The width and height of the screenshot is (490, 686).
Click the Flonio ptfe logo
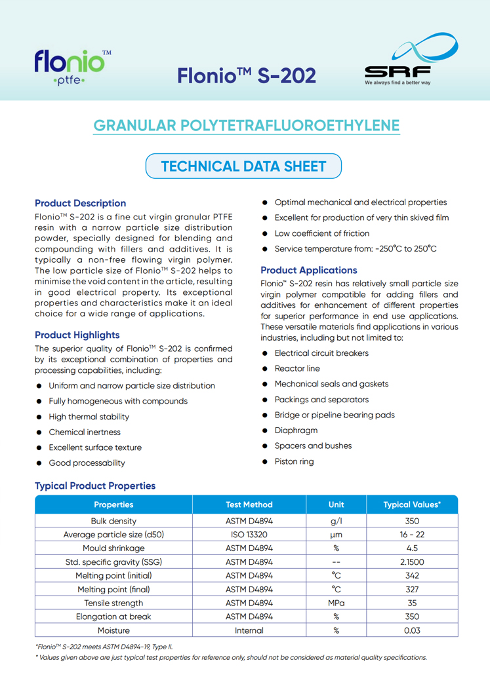click(x=72, y=67)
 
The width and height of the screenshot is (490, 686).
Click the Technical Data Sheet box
click(x=243, y=166)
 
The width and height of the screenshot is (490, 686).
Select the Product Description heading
click(x=80, y=203)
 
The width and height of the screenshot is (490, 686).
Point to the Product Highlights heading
click(x=77, y=335)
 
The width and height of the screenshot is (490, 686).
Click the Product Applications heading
click(x=309, y=270)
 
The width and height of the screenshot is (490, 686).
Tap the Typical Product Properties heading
click(x=95, y=486)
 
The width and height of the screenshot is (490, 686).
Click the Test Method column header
click(x=249, y=505)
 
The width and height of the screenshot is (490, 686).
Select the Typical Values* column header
click(x=412, y=505)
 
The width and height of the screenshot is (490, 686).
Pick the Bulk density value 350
click(x=412, y=521)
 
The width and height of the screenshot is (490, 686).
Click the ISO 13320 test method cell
click(x=249, y=535)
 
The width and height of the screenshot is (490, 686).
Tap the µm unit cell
click(x=336, y=535)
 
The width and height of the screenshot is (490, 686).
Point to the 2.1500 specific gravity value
click(x=412, y=562)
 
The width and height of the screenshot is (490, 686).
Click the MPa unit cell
click(x=336, y=603)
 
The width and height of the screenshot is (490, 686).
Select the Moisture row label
click(x=113, y=630)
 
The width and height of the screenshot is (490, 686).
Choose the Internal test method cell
click(x=249, y=630)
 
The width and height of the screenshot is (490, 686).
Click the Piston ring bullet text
click(x=294, y=461)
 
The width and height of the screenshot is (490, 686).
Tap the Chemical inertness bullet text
click(x=85, y=432)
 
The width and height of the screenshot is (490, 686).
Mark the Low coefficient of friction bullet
click(x=321, y=233)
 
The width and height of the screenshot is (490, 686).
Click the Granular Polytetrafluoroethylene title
click(x=246, y=125)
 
